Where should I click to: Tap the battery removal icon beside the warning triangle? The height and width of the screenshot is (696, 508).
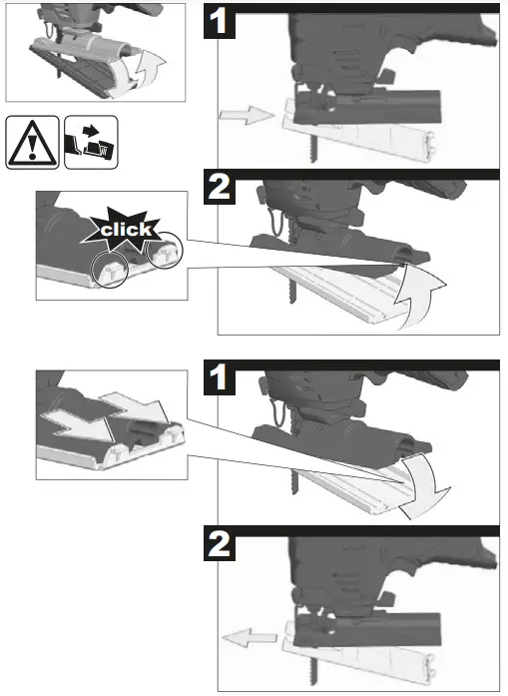tap(90, 143)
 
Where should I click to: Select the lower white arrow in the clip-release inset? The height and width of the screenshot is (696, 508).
tap(75, 424)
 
